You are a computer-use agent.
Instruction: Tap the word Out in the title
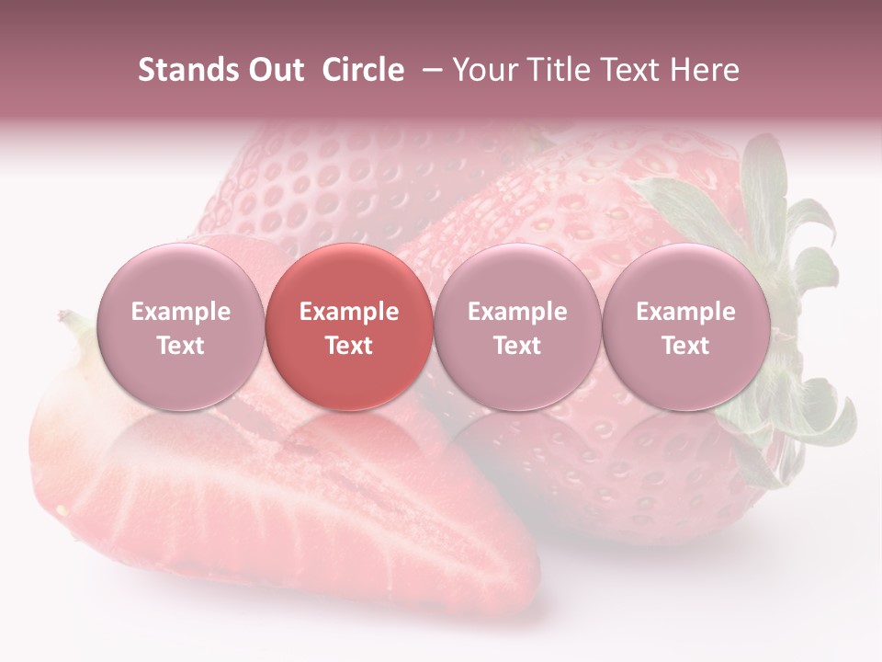pos(274,70)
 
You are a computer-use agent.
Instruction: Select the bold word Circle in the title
pos(363,70)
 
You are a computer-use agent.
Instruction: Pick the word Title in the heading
pos(560,70)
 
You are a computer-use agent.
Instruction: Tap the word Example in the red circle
pos(349,312)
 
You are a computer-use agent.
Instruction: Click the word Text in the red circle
pos(349,346)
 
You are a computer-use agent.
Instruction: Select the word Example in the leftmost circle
pos(180,312)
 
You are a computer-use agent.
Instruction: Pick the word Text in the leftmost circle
pos(180,346)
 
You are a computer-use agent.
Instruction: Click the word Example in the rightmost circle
pos(685,312)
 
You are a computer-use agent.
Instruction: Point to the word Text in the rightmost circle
pos(685,346)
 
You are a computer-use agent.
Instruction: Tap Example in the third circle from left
pos(517,312)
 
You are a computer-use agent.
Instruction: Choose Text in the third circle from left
pos(517,346)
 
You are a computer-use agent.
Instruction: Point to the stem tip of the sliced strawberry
pos(66,318)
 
